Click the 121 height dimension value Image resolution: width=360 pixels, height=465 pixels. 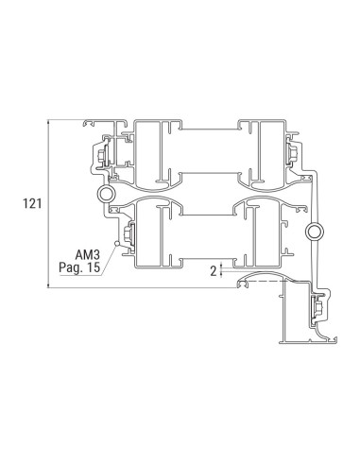tap(22, 201)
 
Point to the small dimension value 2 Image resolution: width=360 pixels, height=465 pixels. tap(213, 269)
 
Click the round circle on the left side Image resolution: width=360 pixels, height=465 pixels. tap(103, 194)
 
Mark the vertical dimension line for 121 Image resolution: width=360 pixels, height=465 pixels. tap(47, 201)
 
